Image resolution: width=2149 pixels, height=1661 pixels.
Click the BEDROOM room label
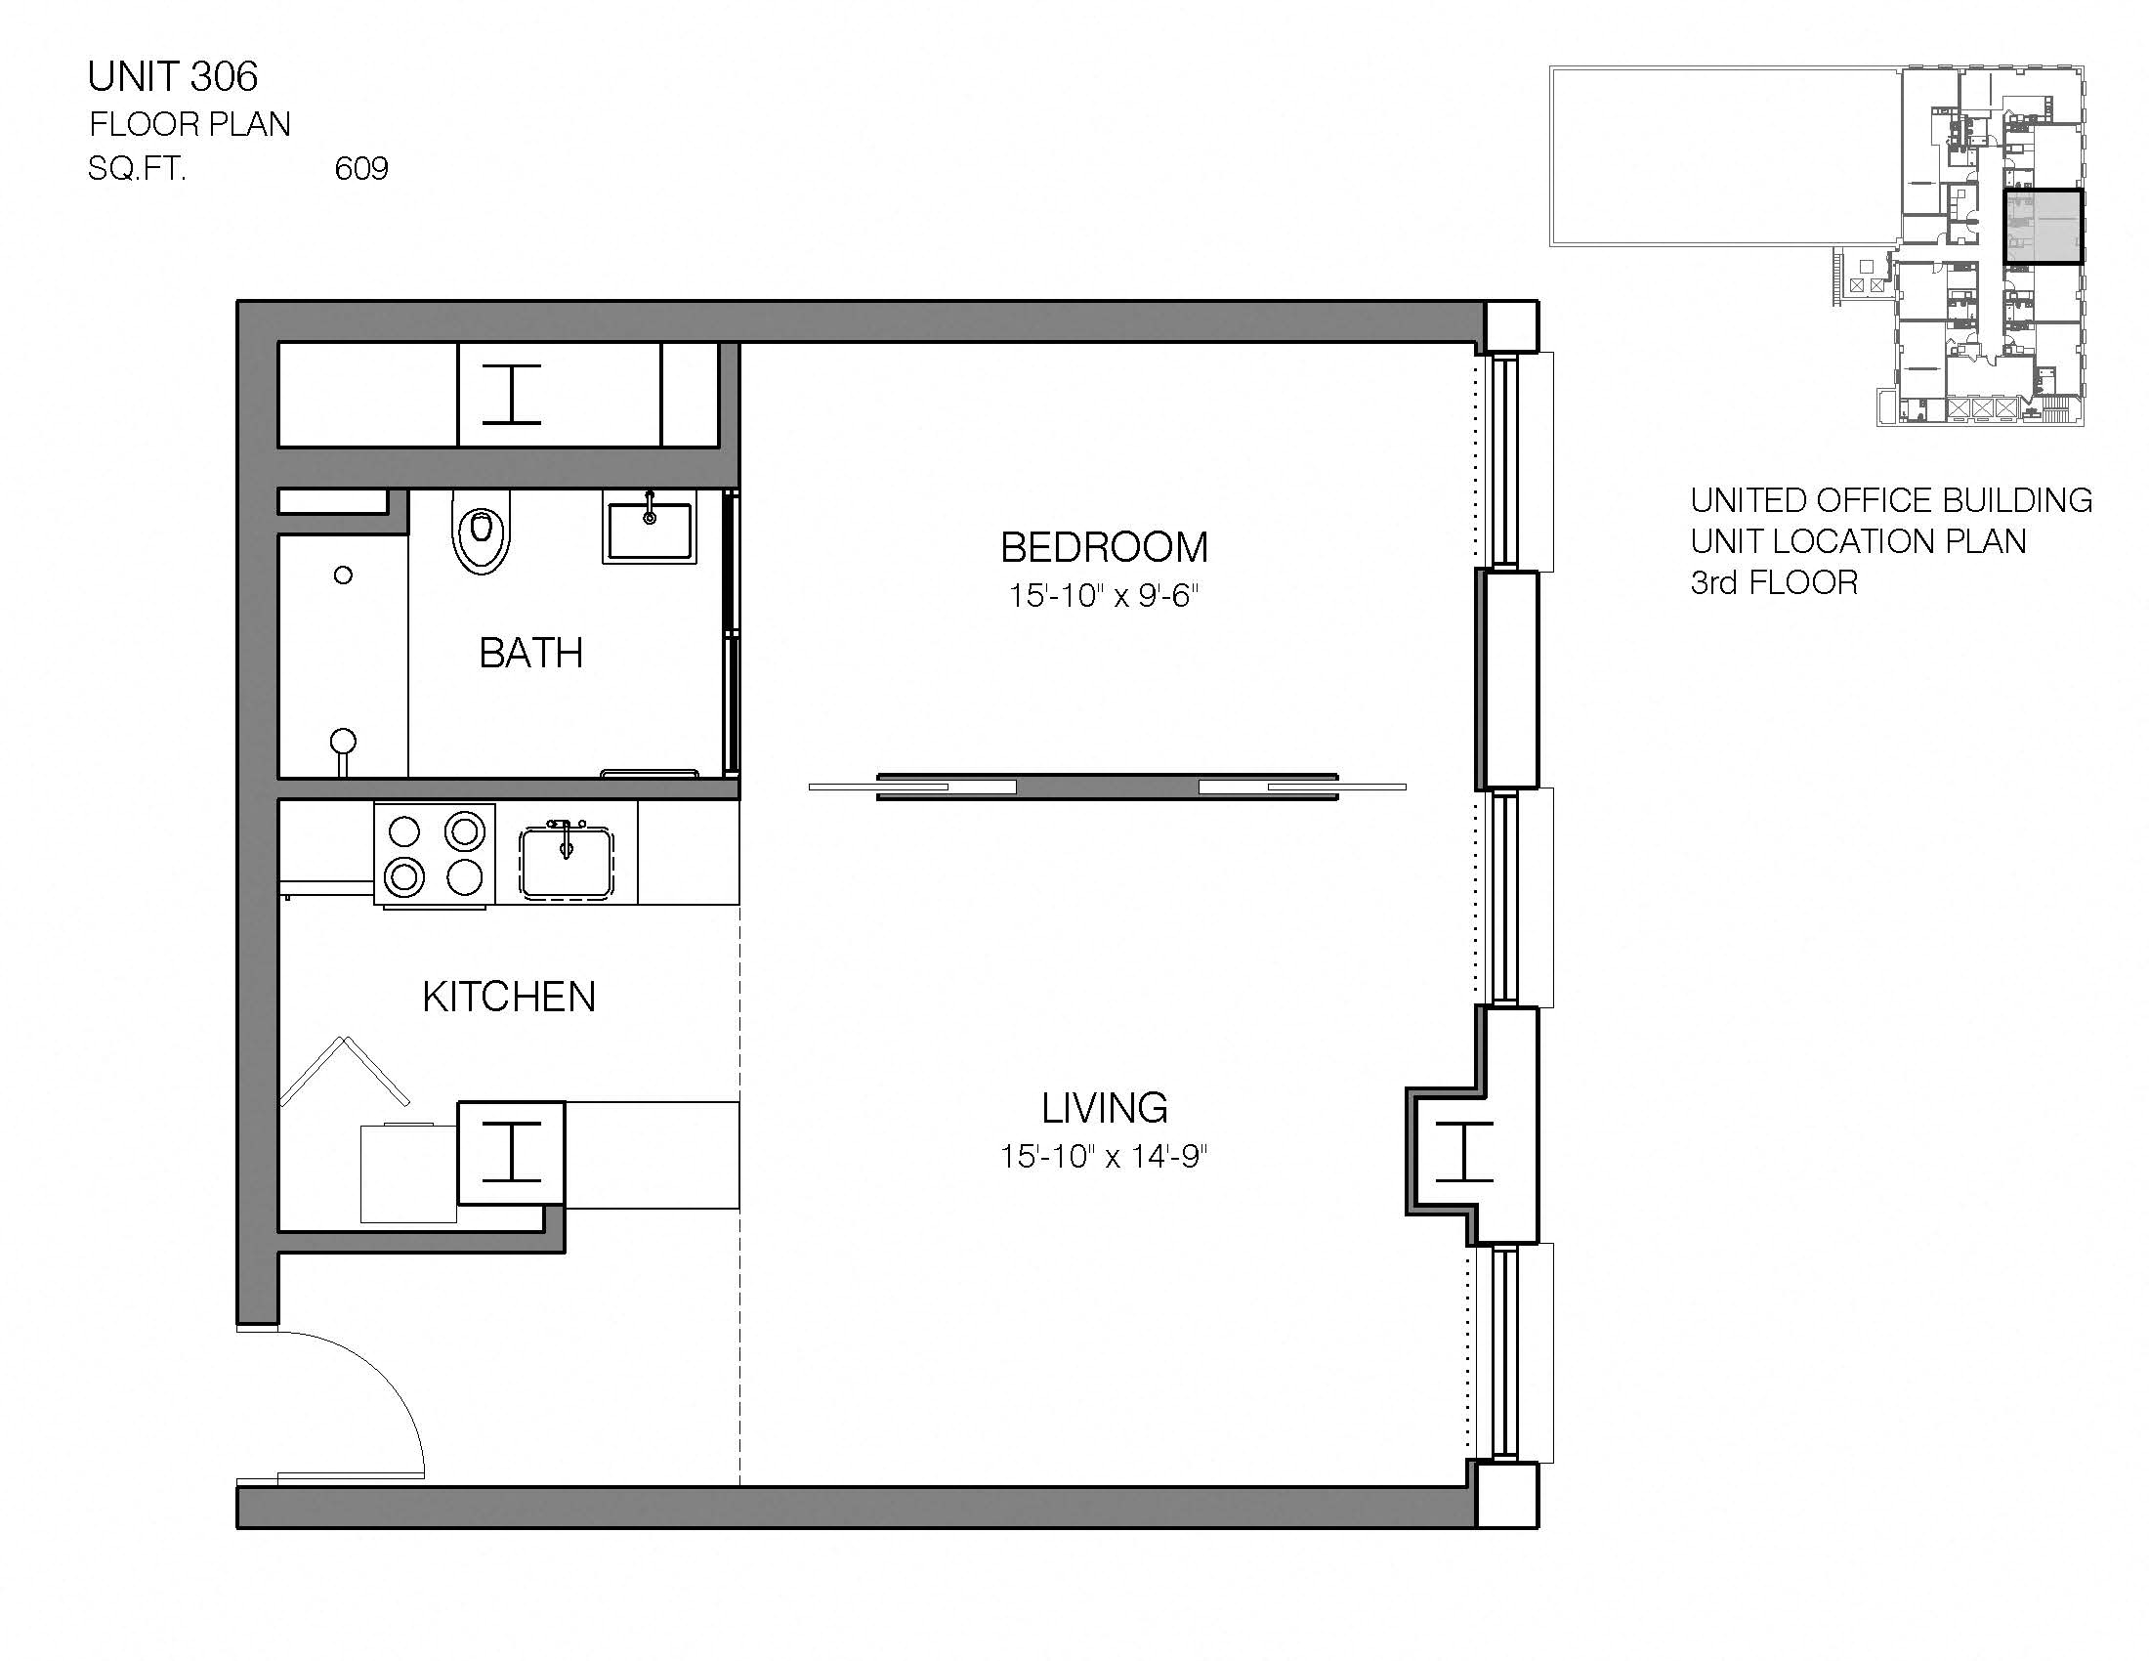tap(1103, 547)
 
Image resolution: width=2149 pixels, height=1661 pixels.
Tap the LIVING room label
tap(1104, 1108)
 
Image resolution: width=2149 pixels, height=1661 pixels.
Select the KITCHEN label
tap(509, 997)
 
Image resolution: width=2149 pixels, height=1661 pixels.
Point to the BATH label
tap(530, 653)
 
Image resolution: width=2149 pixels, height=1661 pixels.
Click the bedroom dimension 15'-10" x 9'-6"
tap(1103, 595)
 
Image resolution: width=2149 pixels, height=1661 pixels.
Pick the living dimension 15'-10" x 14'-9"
tap(1103, 1155)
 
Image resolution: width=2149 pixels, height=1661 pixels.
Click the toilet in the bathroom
tap(482, 532)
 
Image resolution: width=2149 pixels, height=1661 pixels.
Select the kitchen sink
tap(566, 863)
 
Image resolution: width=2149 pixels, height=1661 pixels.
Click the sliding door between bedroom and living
tap(1107, 787)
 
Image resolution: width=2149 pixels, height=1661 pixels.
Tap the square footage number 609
tap(361, 169)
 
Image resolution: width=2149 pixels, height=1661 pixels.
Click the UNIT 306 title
tap(172, 77)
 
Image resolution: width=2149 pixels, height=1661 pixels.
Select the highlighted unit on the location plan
tap(2044, 228)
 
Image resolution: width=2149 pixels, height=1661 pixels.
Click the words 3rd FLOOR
tap(1773, 582)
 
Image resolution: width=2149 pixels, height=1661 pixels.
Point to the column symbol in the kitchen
tap(512, 1151)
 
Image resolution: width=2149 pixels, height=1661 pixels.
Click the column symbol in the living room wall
tap(1464, 1150)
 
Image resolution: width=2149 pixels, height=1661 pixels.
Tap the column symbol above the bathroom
tap(512, 394)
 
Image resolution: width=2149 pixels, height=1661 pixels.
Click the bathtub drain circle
tap(343, 575)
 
